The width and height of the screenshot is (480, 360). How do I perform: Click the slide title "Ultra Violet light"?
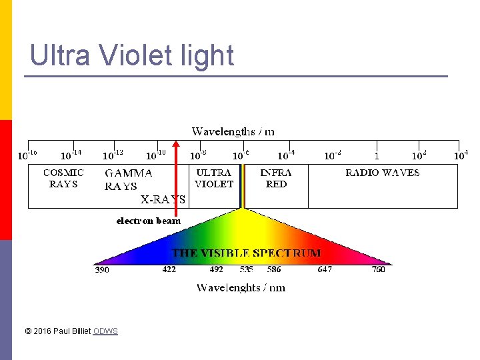coord(132,55)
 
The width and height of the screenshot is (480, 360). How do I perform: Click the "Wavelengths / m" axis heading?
coord(233,131)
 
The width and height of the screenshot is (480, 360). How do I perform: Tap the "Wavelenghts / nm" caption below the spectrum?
coord(241,287)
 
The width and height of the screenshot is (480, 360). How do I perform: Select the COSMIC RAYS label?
coord(63,178)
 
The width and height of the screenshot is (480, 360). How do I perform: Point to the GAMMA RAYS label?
coord(128,179)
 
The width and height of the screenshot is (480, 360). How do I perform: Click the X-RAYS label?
coord(163,199)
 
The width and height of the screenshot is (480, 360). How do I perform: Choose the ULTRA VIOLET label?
coord(214,178)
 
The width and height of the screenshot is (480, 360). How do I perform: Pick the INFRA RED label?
coord(276,178)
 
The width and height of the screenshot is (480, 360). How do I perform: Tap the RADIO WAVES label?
coord(382,173)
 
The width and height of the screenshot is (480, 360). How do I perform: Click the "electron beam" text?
coord(148,221)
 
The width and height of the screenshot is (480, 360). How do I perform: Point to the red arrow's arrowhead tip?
coord(176,141)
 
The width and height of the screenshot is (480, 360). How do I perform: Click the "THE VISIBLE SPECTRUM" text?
coord(247,253)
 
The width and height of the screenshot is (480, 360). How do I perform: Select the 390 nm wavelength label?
coord(102,270)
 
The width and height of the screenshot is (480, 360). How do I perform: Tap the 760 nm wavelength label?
coord(379,270)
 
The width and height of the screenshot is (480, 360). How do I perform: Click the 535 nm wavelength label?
coord(247,270)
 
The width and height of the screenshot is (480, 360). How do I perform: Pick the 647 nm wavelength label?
coord(325,270)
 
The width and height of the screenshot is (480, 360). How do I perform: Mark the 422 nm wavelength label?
coord(169,270)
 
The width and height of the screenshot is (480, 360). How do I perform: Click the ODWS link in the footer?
coord(105,331)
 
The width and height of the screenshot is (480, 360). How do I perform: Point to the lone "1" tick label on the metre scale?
coord(377,156)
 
